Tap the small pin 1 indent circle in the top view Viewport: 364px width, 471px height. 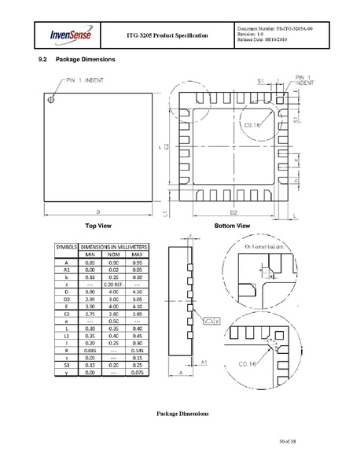[x=52, y=100]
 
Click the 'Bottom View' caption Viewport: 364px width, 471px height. [x=232, y=225]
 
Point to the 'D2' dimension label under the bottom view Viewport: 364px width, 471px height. [x=233, y=212]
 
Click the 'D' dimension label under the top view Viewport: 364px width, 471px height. [x=97, y=212]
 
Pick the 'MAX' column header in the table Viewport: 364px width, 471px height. [x=137, y=254]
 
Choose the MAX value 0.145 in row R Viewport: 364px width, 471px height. [x=137, y=351]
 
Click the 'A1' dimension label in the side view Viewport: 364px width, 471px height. [x=204, y=361]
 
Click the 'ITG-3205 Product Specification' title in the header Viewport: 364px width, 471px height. [x=167, y=35]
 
